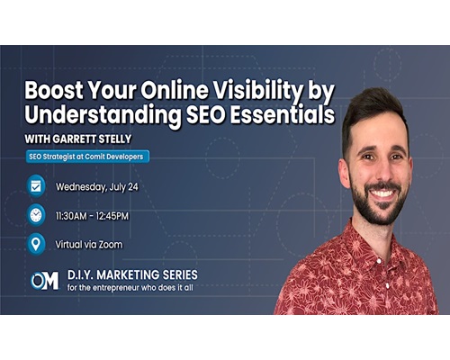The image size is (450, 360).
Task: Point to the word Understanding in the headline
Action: click(103, 115)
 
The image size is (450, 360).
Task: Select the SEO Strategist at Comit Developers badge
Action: click(87, 157)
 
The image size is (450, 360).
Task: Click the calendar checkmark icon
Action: click(36, 186)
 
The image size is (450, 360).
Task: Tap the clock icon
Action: click(36, 215)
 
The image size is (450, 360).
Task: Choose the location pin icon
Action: click(36, 244)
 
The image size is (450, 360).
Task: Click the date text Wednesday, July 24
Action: click(97, 187)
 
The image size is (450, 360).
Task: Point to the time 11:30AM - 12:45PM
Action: click(92, 216)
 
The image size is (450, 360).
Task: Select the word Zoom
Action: click(111, 245)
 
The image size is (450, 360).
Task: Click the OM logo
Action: click(45, 281)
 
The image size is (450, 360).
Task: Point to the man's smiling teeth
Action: click(382, 193)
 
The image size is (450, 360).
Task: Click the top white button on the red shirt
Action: click(387, 284)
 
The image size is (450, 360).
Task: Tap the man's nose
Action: click(382, 172)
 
